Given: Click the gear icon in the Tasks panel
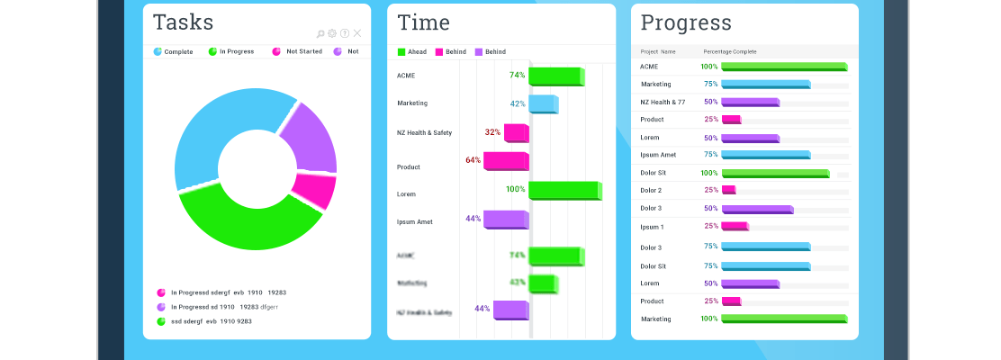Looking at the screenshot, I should click(332, 33).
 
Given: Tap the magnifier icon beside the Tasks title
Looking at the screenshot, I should click(320, 33).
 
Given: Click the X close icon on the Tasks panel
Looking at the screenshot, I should click(357, 33).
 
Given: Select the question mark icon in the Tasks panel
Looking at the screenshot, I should click(345, 33).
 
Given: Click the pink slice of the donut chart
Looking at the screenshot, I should click(314, 190).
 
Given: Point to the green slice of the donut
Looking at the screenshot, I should click(243, 220).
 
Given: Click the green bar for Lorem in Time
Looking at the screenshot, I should click(564, 190).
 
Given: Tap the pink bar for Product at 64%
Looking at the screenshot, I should click(505, 161).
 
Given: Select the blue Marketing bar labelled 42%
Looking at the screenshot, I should click(543, 103).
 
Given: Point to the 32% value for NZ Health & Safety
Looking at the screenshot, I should click(492, 132).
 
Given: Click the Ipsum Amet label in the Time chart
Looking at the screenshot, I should click(415, 221).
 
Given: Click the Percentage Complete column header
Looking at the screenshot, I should click(730, 52).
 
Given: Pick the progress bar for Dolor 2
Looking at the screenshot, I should click(728, 190).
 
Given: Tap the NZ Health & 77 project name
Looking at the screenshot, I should click(663, 102).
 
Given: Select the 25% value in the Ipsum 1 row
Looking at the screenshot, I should click(711, 226).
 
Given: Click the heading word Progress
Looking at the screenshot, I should click(686, 22).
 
